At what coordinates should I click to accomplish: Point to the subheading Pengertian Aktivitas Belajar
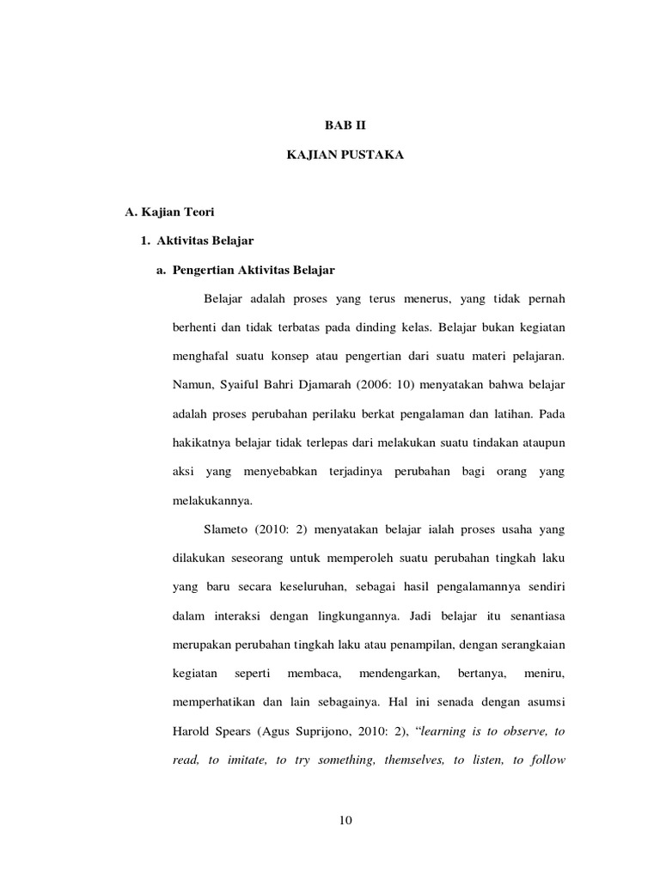pyautogui.click(x=254, y=270)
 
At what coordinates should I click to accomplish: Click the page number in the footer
pyautogui.click(x=346, y=819)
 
